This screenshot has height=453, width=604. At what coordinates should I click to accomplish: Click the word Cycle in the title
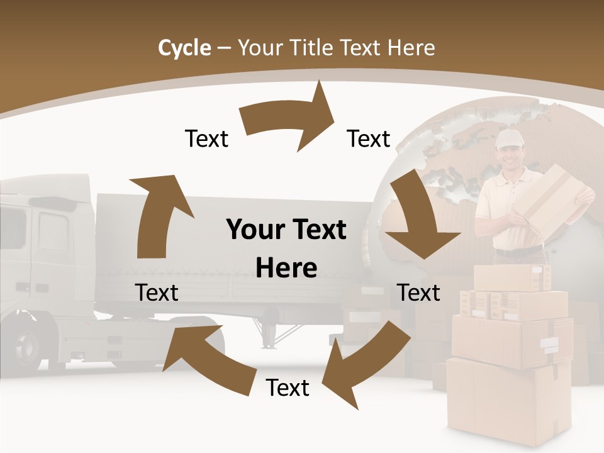point(184,48)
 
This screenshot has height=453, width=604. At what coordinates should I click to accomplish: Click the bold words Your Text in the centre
point(286,230)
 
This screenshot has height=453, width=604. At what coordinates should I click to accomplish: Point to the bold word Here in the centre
point(286,269)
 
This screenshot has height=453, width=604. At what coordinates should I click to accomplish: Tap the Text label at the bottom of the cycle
point(288,388)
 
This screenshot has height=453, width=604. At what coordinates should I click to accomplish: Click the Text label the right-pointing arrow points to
point(369,138)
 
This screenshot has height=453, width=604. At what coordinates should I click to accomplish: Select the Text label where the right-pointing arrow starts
point(206,138)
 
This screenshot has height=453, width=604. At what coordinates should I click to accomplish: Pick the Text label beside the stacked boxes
point(418,293)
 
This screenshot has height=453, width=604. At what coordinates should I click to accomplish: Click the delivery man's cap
point(508,139)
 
